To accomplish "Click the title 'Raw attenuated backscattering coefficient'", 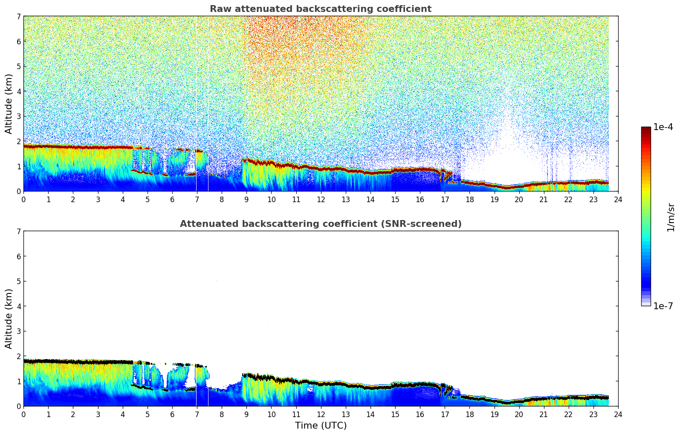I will click(x=320, y=9).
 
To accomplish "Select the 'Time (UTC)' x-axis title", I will click(x=321, y=425).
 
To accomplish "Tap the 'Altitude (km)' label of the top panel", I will click(x=9, y=104).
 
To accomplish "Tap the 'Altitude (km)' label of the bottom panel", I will click(x=9, y=319).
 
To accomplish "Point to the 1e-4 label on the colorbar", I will click(x=663, y=127).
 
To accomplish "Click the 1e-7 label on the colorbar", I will click(x=663, y=306).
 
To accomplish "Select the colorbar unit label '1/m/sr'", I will click(x=671, y=217).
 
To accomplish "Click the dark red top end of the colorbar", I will click(x=645, y=129).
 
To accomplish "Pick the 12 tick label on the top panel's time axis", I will click(x=321, y=199).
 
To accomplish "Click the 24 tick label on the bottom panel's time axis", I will click(x=618, y=414).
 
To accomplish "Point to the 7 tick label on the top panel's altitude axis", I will click(x=18, y=17).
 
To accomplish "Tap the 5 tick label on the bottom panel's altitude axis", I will click(x=18, y=281).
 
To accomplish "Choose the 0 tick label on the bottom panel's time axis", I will click(x=23, y=414).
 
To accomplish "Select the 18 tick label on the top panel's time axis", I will click(x=469, y=199).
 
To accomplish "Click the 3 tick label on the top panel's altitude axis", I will click(x=18, y=116).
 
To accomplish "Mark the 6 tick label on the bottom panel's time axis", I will click(x=172, y=414).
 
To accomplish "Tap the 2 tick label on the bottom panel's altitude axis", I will click(x=18, y=356).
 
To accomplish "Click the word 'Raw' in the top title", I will click(x=219, y=9).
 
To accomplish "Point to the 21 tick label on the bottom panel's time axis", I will click(x=544, y=414).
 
